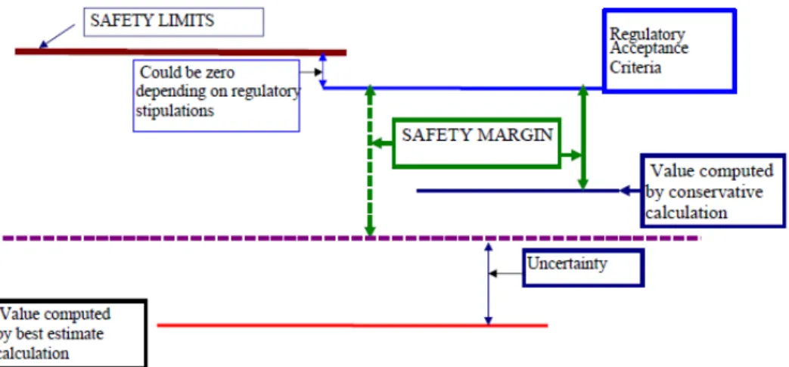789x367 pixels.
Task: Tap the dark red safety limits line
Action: [x=181, y=52]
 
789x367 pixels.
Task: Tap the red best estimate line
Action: [x=353, y=325]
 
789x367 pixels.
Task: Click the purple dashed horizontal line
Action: [x=351, y=238]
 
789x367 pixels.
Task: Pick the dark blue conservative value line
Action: [x=518, y=191]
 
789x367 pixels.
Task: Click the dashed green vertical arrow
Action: [x=370, y=160]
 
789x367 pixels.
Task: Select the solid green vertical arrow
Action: [x=583, y=138]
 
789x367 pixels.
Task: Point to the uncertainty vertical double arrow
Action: [x=488, y=285]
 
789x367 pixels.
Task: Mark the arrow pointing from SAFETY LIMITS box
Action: [x=57, y=36]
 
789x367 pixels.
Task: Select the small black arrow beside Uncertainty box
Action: [x=506, y=273]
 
